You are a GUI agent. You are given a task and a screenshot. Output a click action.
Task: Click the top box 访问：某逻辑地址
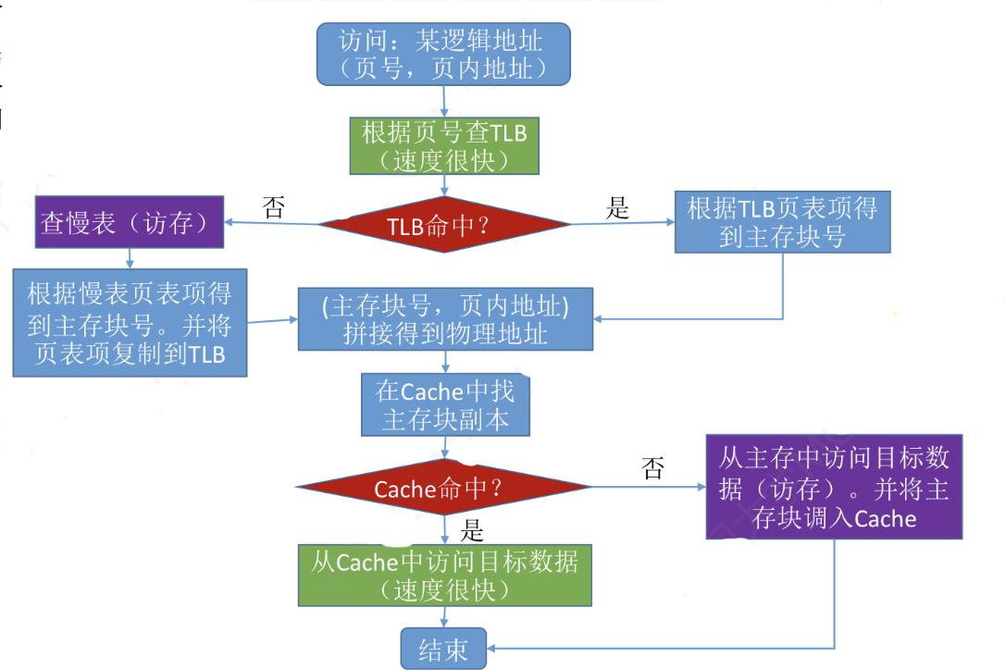pos(443,54)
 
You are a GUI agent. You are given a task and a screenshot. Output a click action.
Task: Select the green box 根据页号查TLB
pos(443,145)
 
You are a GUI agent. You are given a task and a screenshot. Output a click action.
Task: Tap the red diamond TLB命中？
pos(443,225)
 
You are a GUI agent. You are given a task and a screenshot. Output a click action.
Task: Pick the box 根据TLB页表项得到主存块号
pos(782,222)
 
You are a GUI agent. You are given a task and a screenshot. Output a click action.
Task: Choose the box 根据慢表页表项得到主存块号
pos(130,323)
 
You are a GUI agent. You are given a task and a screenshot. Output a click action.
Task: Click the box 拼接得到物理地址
pos(444,319)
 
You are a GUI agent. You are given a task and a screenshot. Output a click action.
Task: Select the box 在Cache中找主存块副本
pos(446,405)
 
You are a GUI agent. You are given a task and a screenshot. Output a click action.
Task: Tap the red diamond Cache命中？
pos(443,487)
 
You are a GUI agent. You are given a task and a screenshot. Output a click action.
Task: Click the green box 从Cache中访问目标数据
pos(444,575)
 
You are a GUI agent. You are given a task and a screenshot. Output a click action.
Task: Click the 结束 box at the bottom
pos(443,648)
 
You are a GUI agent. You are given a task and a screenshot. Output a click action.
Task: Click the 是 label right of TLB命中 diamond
pos(617,209)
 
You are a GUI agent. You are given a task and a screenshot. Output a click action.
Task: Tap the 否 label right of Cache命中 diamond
pos(652,469)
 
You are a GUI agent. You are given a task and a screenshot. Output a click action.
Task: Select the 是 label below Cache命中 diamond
pos(472,531)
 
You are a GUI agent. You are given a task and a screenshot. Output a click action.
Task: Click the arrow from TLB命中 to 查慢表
pos(273,223)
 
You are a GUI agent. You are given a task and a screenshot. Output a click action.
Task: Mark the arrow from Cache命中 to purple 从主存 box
pos(648,487)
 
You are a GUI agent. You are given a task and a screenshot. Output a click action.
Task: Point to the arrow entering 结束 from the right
pos(648,647)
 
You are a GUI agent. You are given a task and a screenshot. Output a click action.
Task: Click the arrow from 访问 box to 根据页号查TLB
pos(445,101)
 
